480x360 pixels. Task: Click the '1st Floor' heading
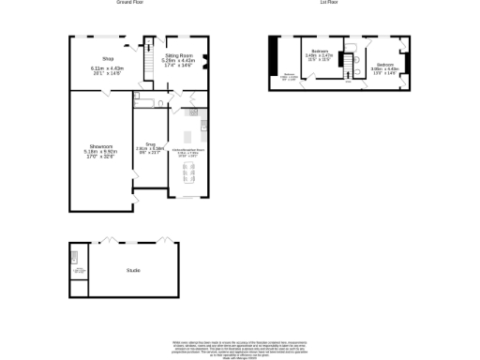click(328, 3)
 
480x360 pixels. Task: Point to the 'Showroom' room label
click(101, 146)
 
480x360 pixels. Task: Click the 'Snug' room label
click(142, 145)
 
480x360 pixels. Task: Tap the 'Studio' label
click(133, 271)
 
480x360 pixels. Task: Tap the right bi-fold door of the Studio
click(165, 240)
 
